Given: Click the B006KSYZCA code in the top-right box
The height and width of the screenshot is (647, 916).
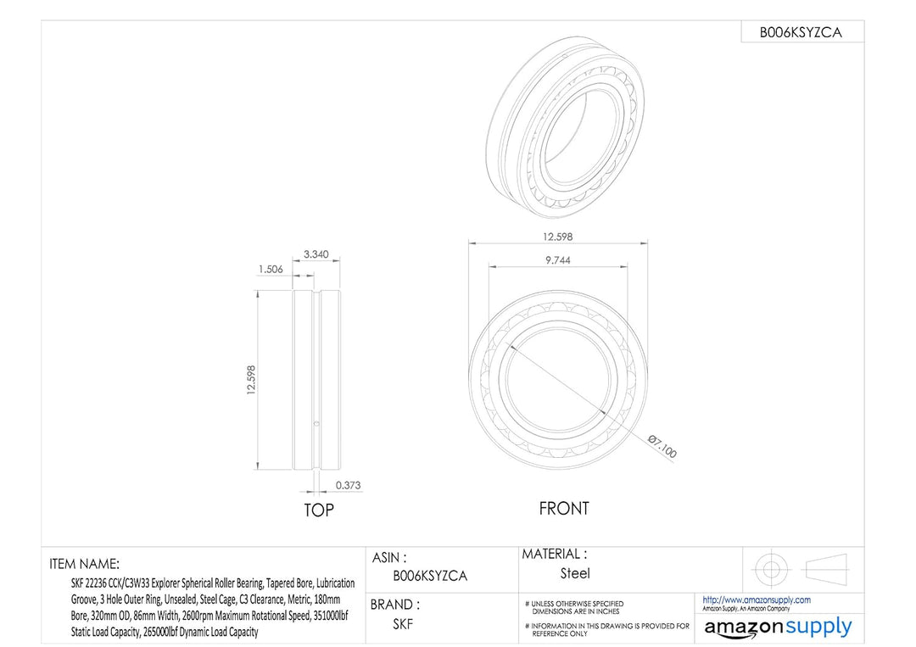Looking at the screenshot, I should (x=801, y=33).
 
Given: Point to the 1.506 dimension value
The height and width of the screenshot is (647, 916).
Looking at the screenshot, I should (x=271, y=269).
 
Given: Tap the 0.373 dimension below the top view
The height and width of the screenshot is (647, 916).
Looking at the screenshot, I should (x=348, y=485).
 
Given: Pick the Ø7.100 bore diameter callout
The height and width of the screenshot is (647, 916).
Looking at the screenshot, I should (x=662, y=445).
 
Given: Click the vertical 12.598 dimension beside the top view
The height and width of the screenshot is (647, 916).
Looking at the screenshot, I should (x=250, y=380).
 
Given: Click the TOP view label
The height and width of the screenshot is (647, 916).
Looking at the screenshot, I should (x=319, y=510).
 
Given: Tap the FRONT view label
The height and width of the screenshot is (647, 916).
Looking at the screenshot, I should (x=563, y=509).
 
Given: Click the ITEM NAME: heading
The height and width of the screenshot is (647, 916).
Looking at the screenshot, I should (x=85, y=563).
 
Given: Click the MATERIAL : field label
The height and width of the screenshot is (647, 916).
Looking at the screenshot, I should (x=554, y=554).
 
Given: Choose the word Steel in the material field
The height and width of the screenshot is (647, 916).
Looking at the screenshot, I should (x=575, y=574).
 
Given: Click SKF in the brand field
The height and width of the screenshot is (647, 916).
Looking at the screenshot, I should (x=403, y=624).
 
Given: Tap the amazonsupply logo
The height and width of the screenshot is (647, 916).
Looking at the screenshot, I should (x=778, y=627).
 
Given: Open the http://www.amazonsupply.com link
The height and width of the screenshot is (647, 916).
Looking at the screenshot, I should (x=757, y=600).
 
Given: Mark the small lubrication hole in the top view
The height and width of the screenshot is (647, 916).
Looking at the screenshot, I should (x=316, y=421).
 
